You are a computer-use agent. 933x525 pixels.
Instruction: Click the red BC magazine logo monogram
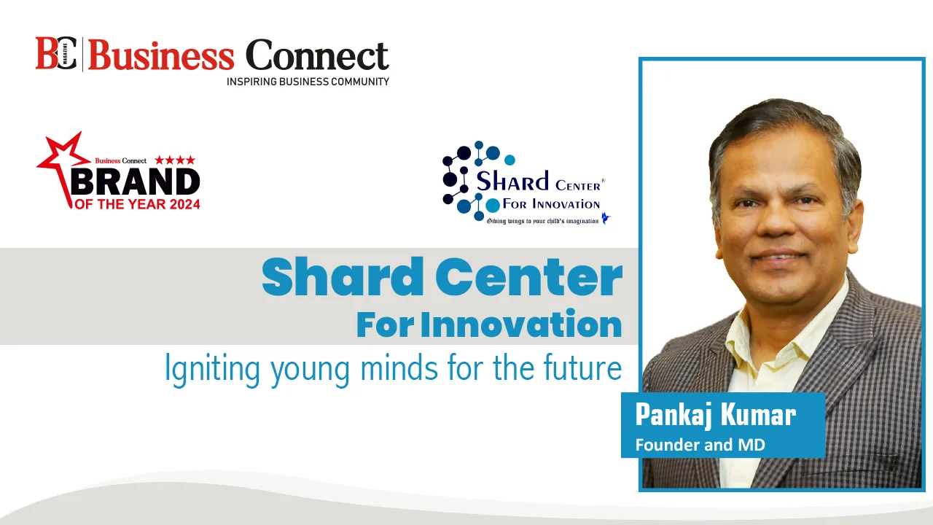[56, 53]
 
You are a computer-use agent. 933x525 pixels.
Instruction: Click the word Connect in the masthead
[317, 55]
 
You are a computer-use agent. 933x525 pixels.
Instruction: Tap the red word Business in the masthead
[161, 55]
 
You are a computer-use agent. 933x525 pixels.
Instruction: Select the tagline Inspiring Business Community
[308, 82]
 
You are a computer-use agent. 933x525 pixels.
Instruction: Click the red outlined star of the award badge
[63, 167]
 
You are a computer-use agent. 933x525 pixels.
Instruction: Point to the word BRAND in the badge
[136, 182]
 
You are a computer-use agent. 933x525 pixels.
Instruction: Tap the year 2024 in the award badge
[181, 204]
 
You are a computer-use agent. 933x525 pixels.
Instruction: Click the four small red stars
[175, 160]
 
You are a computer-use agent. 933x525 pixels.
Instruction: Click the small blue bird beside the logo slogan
[606, 218]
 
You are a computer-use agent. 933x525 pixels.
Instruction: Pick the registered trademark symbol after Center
[603, 180]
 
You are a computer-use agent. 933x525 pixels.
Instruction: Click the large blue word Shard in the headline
[343, 276]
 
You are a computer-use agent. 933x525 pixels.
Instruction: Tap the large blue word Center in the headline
[529, 278]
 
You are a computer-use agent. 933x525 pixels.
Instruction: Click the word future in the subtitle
[582, 367]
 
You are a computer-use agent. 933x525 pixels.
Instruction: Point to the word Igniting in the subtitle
[212, 370]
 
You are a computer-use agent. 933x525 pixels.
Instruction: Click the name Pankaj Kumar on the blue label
[716, 415]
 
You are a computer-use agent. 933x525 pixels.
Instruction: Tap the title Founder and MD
[700, 445]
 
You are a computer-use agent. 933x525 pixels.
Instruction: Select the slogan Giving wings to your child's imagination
[543, 221]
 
